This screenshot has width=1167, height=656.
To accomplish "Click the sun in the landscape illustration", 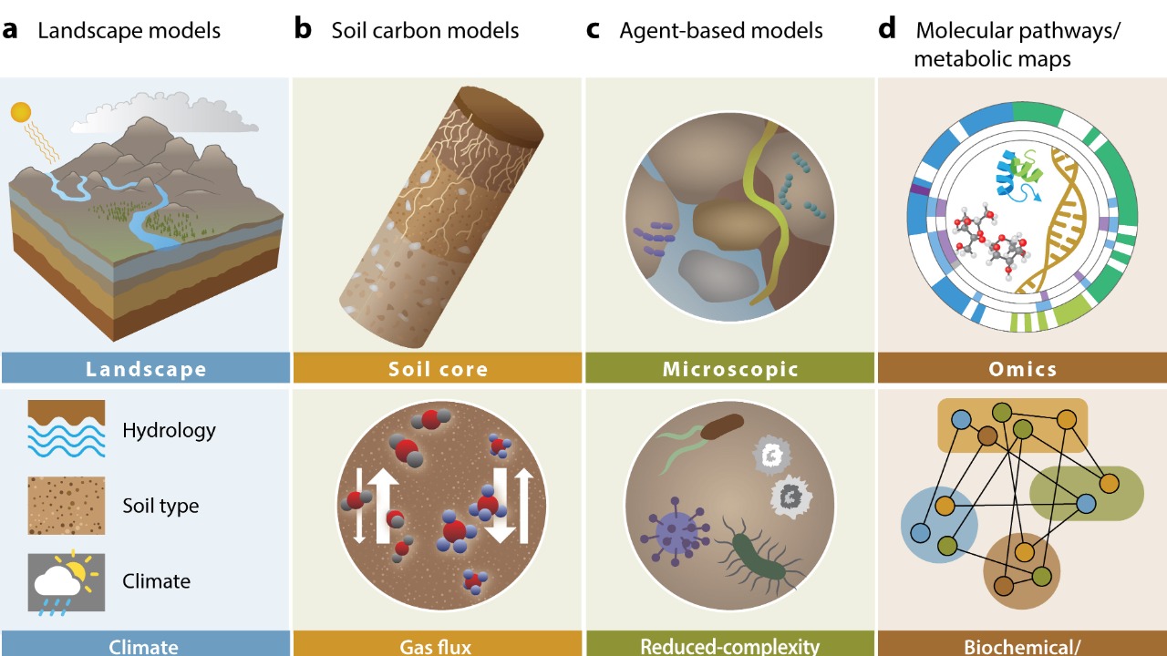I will (x=20, y=112).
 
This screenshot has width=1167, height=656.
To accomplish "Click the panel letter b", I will (x=303, y=29).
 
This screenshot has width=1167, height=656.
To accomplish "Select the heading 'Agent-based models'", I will (x=720, y=30).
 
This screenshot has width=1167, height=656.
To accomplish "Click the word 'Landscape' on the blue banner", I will (x=146, y=369).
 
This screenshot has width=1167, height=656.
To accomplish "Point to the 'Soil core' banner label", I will (x=438, y=369).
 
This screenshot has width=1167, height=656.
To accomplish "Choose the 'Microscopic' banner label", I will (x=730, y=369).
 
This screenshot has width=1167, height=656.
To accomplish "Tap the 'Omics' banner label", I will (x=1022, y=369).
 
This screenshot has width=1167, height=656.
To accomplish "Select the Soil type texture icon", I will (x=66, y=505).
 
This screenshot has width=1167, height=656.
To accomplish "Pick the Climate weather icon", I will (x=66, y=581).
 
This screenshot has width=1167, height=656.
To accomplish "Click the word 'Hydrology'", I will (x=169, y=429).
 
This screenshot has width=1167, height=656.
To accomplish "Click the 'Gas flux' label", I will (x=436, y=647).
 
